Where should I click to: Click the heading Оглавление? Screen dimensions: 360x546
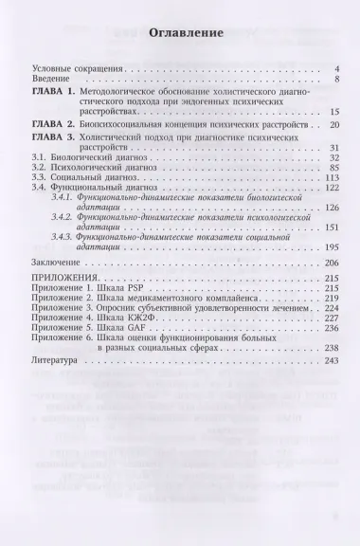tap(180, 31)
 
